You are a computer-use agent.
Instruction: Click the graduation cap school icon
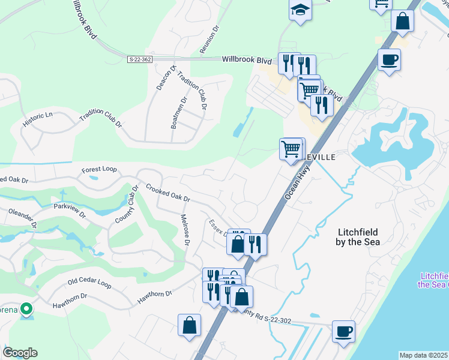tap(300, 10)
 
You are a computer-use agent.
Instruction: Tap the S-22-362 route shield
tap(140, 59)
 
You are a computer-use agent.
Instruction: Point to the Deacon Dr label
tap(166, 77)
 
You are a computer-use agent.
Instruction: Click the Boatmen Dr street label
tap(179, 112)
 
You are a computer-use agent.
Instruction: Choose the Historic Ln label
tap(38, 119)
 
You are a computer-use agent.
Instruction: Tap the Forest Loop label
tap(100, 169)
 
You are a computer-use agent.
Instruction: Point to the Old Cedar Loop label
tap(89, 281)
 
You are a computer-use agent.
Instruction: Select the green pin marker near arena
tap(26, 309)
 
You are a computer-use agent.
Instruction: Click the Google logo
tap(20, 353)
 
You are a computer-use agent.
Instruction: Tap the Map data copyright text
tap(424, 355)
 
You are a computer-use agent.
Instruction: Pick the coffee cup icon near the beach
tap(343, 331)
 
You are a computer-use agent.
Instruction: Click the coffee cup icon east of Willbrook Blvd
tap(389, 60)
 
